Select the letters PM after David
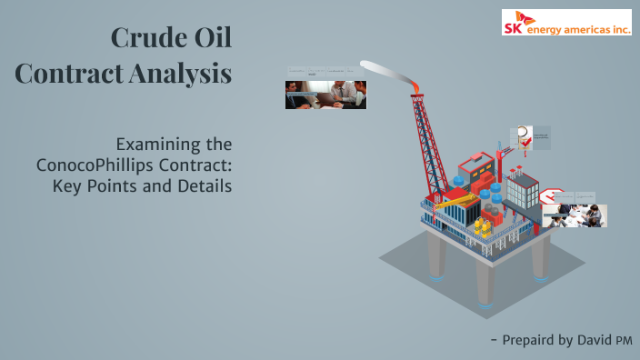[624, 340]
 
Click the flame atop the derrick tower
[417, 85]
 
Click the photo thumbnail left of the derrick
[325, 95]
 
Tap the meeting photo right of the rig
[575, 215]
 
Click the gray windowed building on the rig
[522, 190]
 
